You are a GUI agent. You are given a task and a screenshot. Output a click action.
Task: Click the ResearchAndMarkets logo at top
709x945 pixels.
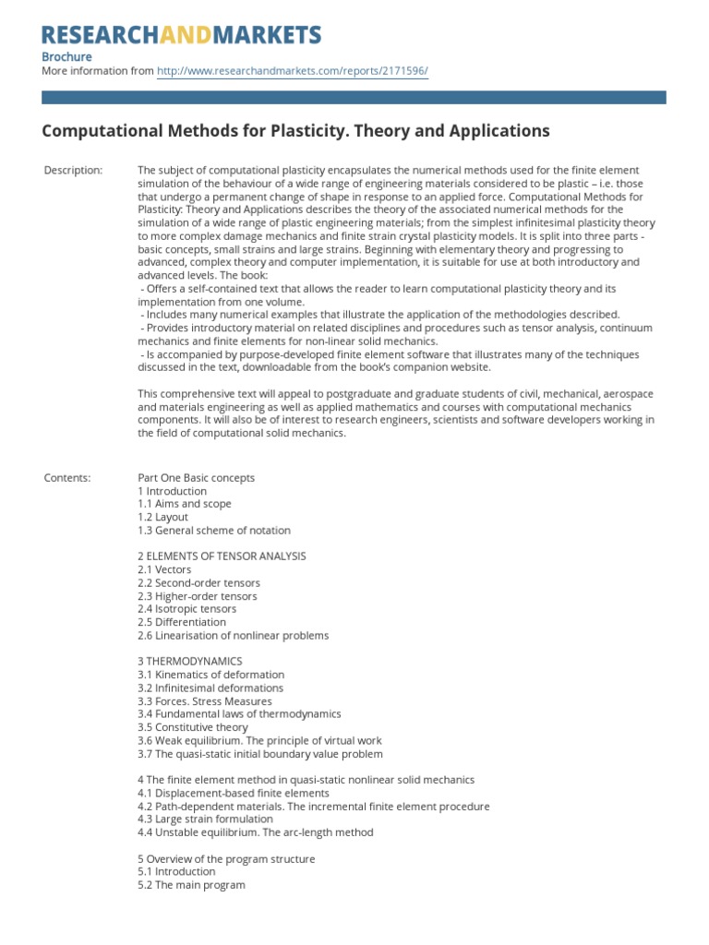tap(182, 35)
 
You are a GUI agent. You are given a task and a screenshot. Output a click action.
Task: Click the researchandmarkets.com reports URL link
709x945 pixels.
tap(293, 70)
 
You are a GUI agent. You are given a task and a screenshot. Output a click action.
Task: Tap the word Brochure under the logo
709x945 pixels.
tap(66, 55)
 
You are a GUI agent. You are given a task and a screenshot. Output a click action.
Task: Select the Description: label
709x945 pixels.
tap(74, 171)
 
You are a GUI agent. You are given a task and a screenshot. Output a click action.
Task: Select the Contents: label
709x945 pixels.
tap(67, 478)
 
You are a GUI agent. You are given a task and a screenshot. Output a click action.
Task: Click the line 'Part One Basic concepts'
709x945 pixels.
tap(196, 478)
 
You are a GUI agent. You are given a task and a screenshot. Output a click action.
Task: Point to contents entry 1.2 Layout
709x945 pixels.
tap(162, 518)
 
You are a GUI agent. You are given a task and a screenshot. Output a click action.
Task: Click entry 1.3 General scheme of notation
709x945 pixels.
tap(213, 531)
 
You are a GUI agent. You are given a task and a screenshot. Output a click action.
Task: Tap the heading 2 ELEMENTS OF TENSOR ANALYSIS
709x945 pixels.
tap(222, 556)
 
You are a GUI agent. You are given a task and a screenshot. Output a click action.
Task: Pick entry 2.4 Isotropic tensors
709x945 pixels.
tap(186, 609)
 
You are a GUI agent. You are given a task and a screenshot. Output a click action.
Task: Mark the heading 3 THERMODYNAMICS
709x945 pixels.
tap(189, 662)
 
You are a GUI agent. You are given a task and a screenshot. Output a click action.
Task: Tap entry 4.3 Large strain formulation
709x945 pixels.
tap(205, 819)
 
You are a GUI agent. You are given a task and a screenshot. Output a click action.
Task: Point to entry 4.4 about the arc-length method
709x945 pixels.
tap(255, 832)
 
